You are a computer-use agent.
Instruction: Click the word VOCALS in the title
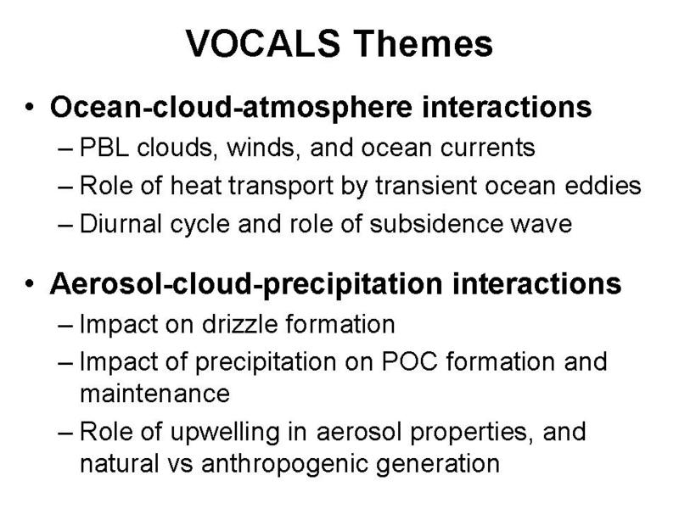(263, 43)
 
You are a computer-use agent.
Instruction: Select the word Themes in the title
(424, 43)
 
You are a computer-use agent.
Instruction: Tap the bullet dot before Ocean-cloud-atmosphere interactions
(29, 107)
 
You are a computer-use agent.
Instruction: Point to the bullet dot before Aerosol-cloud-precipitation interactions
(29, 284)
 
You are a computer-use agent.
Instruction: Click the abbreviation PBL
(104, 148)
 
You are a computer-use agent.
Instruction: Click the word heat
(195, 186)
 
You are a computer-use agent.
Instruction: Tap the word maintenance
(155, 394)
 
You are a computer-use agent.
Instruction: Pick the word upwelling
(225, 433)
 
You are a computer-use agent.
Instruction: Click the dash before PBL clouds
(65, 149)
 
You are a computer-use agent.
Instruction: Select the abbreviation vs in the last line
(180, 465)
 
